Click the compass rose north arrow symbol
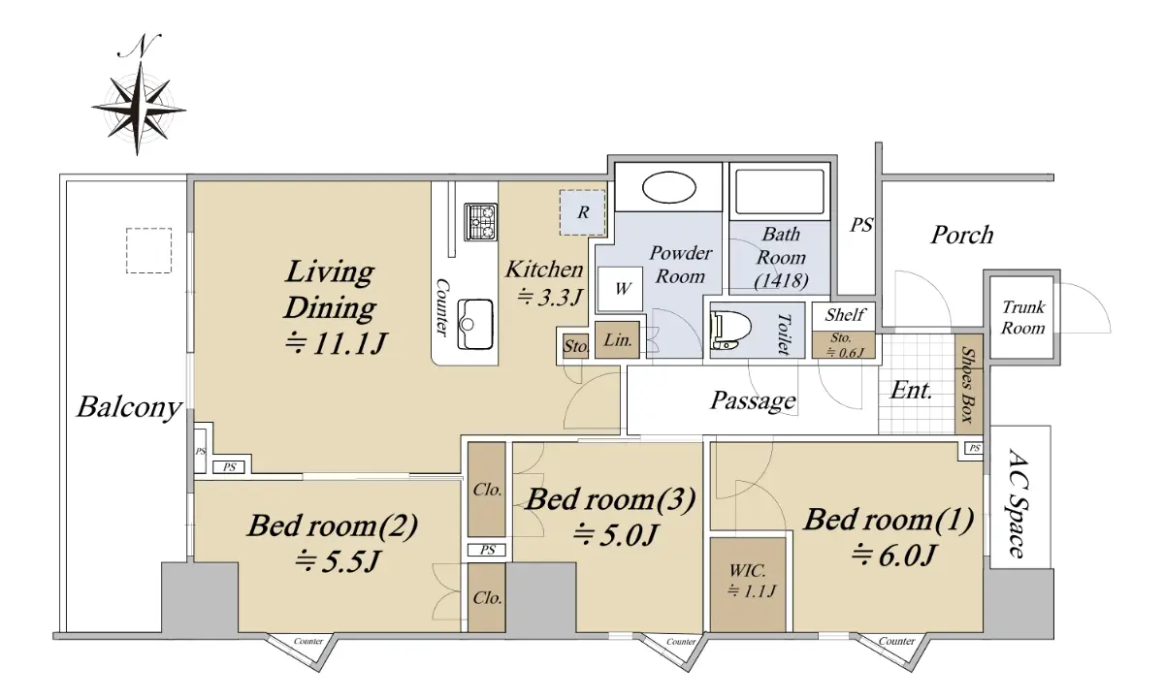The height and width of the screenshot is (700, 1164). click(139, 96)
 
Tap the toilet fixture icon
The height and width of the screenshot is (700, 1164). click(731, 331)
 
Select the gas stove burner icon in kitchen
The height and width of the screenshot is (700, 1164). click(480, 222)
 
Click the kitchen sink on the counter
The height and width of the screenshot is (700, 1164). click(475, 324)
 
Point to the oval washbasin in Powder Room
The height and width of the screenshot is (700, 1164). click(668, 187)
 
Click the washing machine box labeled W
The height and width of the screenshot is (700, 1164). click(621, 288)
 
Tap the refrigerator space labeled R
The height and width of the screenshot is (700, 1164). click(583, 212)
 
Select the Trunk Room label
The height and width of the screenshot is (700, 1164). click(1023, 317)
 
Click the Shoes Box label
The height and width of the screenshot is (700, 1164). click(968, 384)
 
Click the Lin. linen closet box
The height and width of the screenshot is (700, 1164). click(617, 340)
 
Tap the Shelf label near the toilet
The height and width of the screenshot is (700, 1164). click(845, 315)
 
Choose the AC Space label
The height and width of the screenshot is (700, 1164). click(1017, 502)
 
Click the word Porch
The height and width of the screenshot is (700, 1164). click(962, 235)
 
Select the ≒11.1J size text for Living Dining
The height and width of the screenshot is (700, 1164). click(337, 343)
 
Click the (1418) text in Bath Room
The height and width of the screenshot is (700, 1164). click(781, 281)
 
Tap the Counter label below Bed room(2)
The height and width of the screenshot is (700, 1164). click(308, 641)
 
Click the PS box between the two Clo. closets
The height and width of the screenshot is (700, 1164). click(486, 550)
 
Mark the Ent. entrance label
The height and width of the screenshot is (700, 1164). click(911, 391)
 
